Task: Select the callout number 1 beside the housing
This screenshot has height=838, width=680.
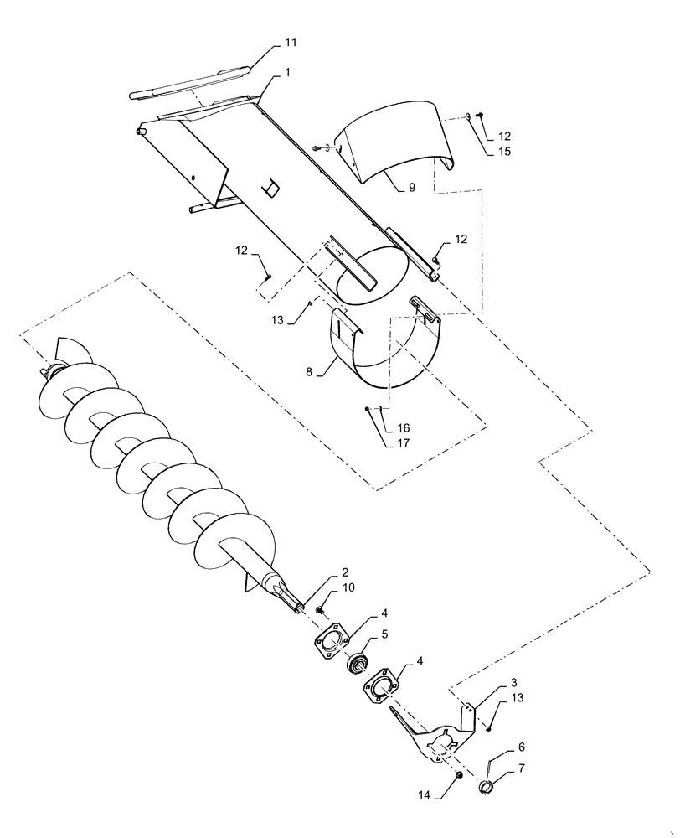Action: tap(287, 74)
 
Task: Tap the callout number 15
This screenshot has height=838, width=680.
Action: tap(504, 151)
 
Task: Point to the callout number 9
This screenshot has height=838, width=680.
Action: tap(411, 188)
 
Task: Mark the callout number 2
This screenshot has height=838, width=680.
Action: tap(344, 572)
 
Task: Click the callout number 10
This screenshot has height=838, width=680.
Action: tap(348, 588)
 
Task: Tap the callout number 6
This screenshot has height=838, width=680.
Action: tap(521, 746)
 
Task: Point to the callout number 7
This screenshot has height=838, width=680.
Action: tap(521, 767)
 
